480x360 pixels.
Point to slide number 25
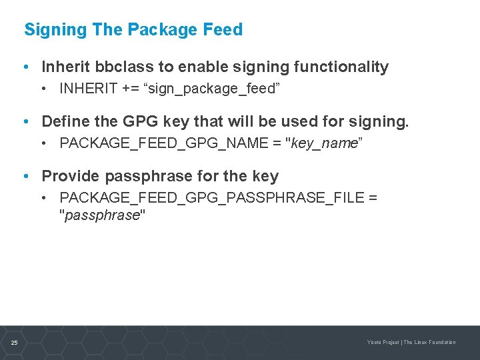tap(14, 343)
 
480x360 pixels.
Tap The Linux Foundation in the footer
tap(430, 343)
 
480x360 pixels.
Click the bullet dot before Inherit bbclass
tap(25, 67)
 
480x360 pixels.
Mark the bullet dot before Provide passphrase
tap(25, 176)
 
